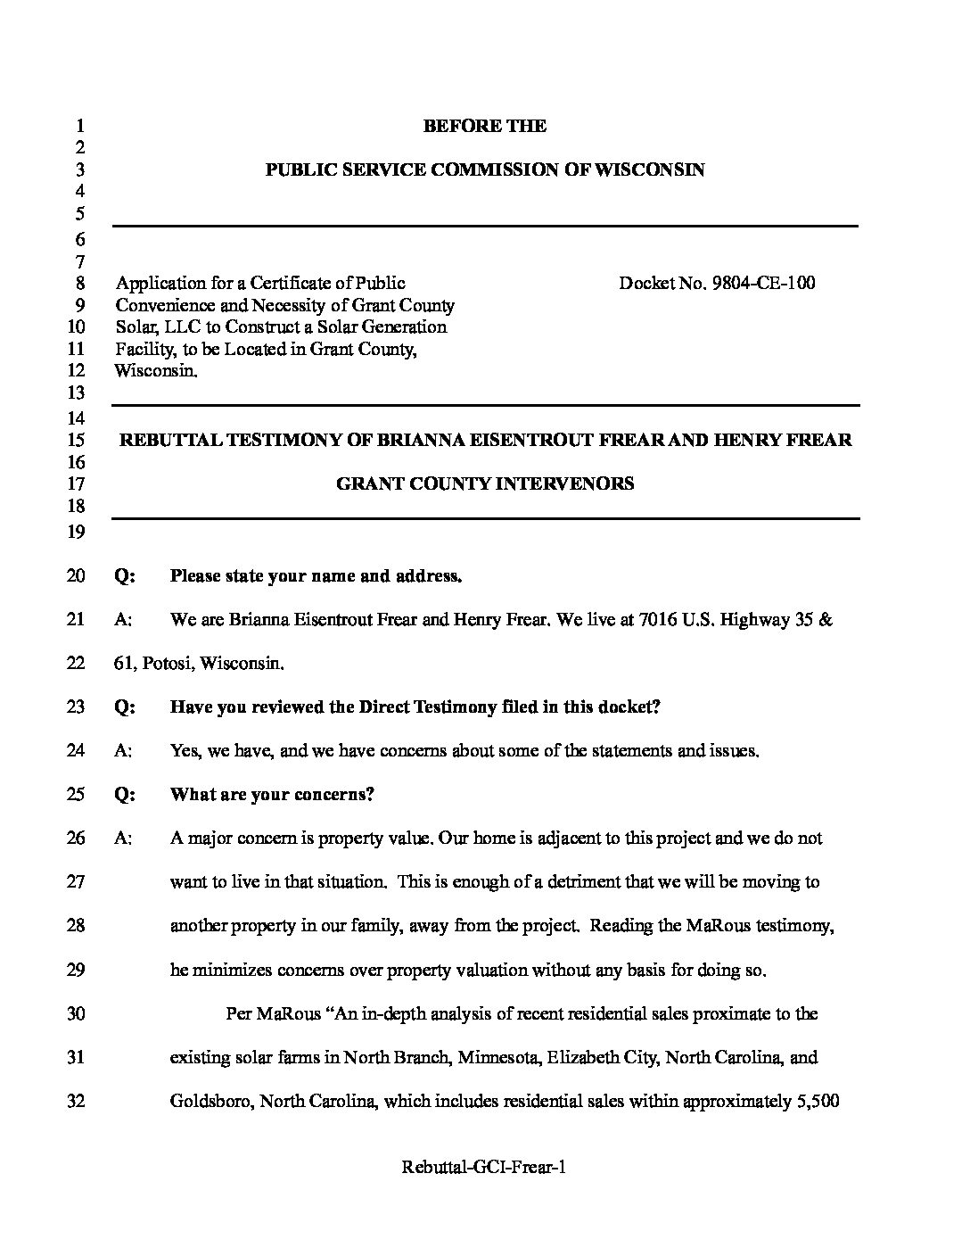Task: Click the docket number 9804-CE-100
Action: click(x=763, y=284)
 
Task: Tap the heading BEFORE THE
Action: click(x=484, y=126)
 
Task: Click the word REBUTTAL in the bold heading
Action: click(x=169, y=440)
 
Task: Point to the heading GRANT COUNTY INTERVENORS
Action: click(x=484, y=484)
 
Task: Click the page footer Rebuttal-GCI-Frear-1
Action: click(x=484, y=1168)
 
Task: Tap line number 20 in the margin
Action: click(x=76, y=576)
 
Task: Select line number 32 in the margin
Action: click(x=76, y=1102)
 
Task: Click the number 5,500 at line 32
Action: click(x=816, y=1102)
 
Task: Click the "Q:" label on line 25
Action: click(x=125, y=795)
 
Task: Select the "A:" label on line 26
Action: click(x=124, y=839)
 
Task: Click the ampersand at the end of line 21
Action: click(x=826, y=620)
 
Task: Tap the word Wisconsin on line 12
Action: click(x=155, y=371)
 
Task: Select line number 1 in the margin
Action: click(x=79, y=126)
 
